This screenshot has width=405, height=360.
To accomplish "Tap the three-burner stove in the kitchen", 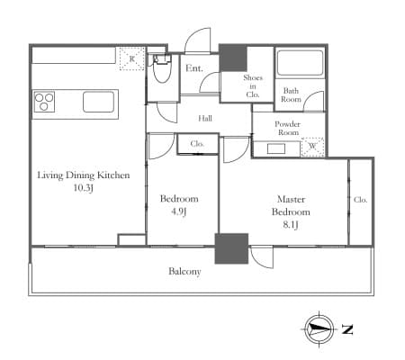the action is [44, 102].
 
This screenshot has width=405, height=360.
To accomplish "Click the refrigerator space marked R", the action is [132, 58].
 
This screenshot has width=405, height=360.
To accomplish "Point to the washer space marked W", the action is [312, 147].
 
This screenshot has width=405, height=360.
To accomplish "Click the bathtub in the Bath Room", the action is [300, 63].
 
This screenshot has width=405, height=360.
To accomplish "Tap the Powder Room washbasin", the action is [276, 148].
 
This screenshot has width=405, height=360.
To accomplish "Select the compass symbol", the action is [319, 329].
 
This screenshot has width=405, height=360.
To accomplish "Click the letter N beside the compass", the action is [347, 329].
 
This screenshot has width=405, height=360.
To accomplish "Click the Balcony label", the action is [184, 272].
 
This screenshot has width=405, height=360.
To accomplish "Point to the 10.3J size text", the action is [84, 188].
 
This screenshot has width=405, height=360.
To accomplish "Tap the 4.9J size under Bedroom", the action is [179, 211].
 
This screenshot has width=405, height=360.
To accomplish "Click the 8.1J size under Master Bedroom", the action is [291, 225].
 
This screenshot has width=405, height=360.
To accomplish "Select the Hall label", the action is [205, 119].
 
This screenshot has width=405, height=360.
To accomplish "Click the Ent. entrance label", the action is [194, 68].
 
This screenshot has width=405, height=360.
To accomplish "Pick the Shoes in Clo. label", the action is [253, 86].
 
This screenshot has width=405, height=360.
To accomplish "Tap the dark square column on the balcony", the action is [231, 248].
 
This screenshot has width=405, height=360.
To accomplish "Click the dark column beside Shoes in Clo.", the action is [233, 58].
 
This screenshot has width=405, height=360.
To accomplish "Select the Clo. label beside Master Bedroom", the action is [360, 200].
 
